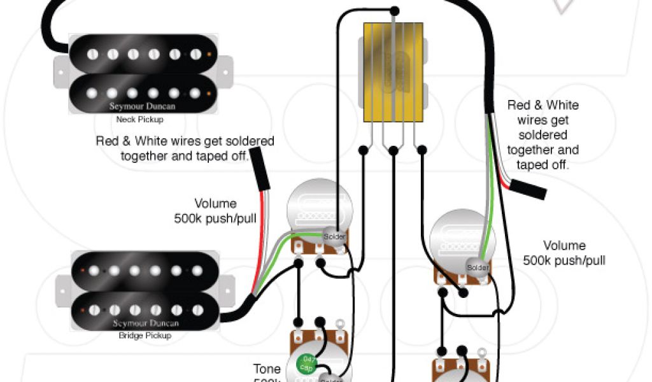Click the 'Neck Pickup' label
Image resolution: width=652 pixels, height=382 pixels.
(x=139, y=119)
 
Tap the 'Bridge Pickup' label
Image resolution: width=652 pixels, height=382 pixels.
(x=145, y=336)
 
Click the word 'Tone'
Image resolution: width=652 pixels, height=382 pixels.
(x=267, y=369)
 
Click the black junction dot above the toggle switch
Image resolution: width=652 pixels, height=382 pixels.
(x=394, y=11)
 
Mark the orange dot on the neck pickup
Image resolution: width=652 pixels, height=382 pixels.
(x=209, y=54)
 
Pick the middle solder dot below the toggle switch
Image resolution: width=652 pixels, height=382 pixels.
(x=393, y=150)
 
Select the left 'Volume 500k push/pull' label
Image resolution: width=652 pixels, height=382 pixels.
(x=215, y=211)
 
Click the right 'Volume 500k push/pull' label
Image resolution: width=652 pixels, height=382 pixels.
(x=563, y=253)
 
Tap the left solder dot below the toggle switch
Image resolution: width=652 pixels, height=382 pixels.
(x=363, y=150)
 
